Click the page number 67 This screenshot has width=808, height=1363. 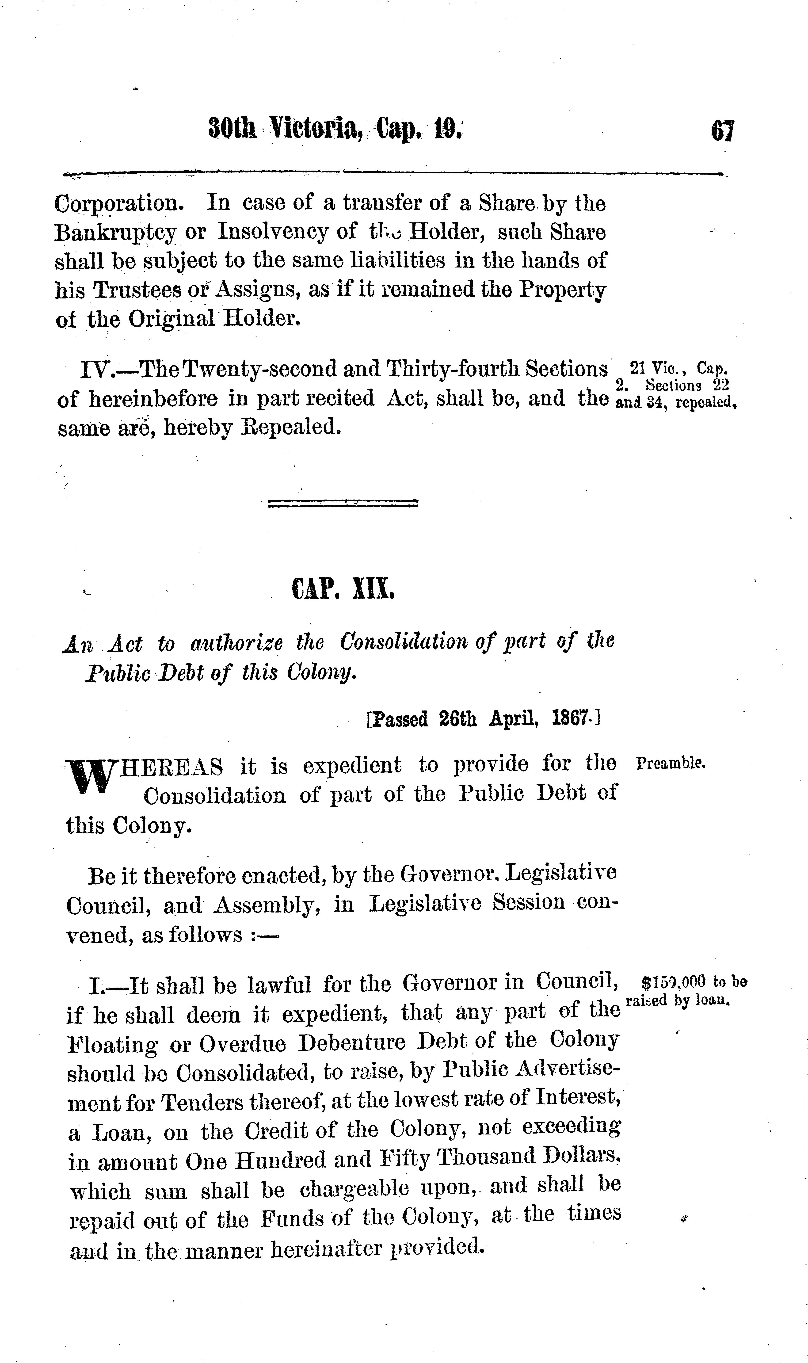coord(722,131)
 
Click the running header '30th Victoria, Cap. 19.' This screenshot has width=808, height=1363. coord(336,129)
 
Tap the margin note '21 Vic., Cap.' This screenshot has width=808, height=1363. coord(678,368)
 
